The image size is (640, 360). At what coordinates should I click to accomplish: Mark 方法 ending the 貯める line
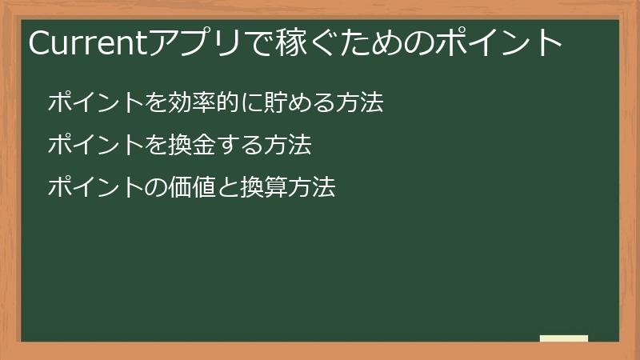pyautogui.click(x=360, y=103)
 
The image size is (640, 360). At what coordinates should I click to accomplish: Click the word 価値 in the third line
pyautogui.click(x=193, y=188)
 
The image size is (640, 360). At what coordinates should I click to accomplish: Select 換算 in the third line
pyautogui.click(x=265, y=188)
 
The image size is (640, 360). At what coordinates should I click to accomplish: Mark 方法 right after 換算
pyautogui.click(x=312, y=188)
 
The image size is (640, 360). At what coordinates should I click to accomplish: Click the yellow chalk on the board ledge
pyautogui.click(x=564, y=338)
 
